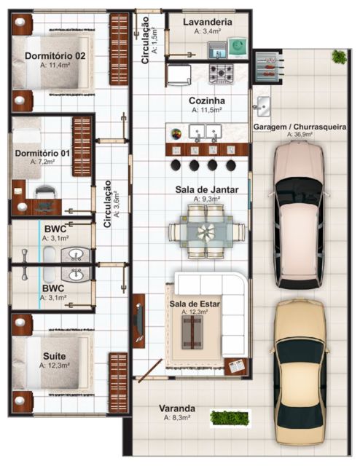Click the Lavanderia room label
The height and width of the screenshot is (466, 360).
(x=208, y=23)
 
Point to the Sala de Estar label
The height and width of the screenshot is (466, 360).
(x=195, y=303)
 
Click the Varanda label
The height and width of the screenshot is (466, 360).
(x=177, y=408)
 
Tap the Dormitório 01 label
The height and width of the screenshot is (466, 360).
(x=44, y=153)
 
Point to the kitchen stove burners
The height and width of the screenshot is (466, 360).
(x=222, y=74)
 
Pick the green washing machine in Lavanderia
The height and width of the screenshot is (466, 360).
(x=238, y=49)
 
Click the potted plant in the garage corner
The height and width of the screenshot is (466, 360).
(x=338, y=56)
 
